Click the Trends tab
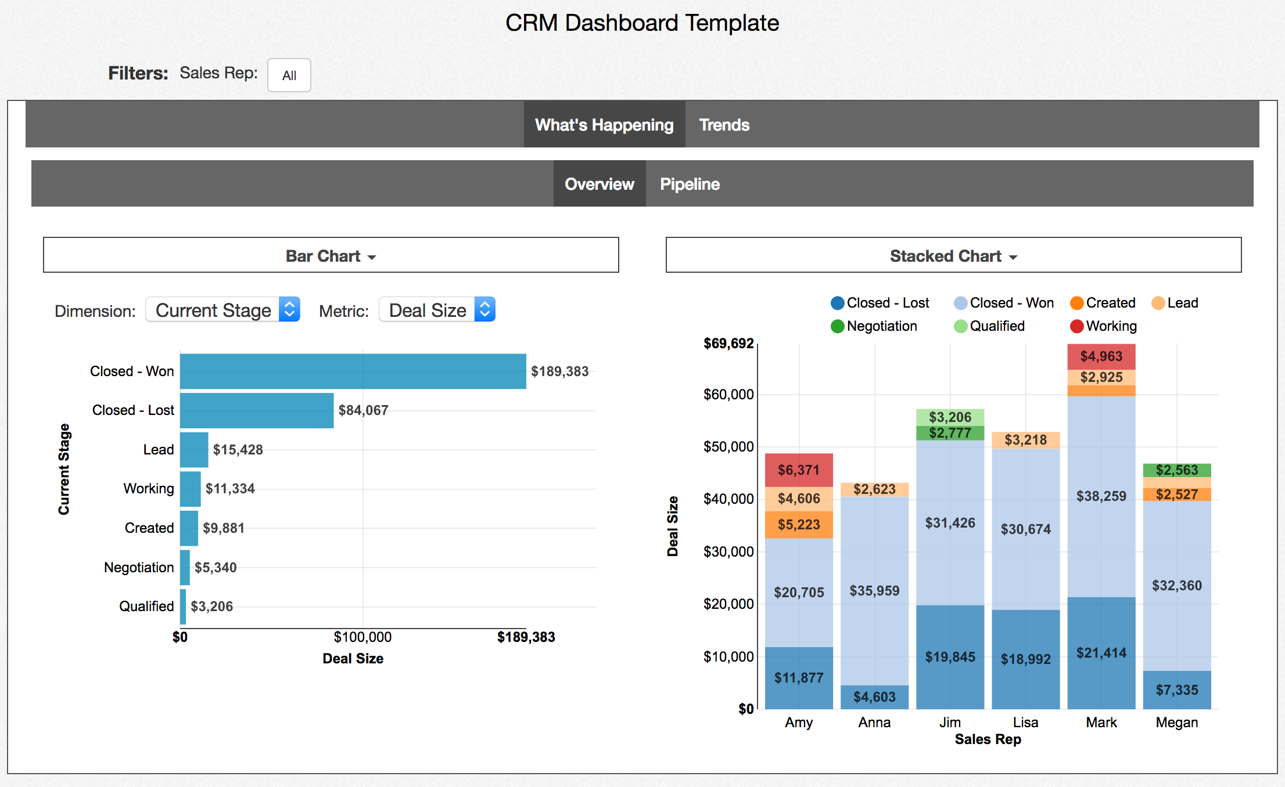(x=724, y=125)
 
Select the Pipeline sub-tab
(x=690, y=184)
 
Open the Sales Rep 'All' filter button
(x=289, y=75)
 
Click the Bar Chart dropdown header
(x=331, y=255)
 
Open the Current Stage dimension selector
(x=222, y=310)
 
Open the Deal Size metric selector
(x=437, y=310)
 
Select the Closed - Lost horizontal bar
(x=256, y=410)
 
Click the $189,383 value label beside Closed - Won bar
(x=559, y=371)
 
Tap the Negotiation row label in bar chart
(x=139, y=567)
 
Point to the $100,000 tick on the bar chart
(x=362, y=637)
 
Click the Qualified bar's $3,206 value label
(x=211, y=607)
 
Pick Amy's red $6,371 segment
(x=799, y=470)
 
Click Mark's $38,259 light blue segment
(x=1101, y=496)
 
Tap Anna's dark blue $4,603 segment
(x=874, y=696)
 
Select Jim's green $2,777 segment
(x=950, y=433)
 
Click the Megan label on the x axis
(x=1176, y=723)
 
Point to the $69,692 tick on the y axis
(x=728, y=344)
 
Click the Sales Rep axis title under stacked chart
(x=988, y=739)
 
